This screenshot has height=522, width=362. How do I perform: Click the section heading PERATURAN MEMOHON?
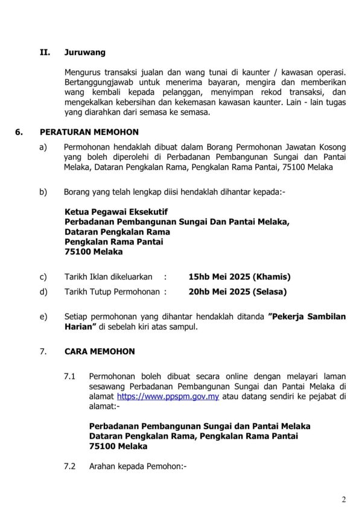89,132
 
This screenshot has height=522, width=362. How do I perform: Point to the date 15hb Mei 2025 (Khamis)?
240,277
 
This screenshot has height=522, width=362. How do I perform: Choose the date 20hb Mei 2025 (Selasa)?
238,292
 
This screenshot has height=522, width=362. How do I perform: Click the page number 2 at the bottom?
344,500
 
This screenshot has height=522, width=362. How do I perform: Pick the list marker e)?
43,317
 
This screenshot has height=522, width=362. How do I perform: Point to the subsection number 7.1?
71,377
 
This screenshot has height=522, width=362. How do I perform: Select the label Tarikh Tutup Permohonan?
112,292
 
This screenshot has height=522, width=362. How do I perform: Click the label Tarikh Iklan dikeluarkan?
109,277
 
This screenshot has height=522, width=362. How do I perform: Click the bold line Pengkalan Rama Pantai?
113,241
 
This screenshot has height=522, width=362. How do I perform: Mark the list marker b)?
43,192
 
